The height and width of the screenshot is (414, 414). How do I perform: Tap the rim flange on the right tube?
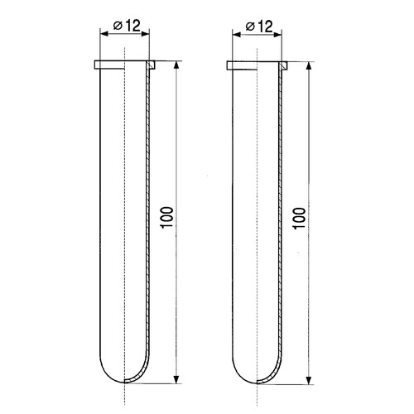(x=256, y=64)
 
